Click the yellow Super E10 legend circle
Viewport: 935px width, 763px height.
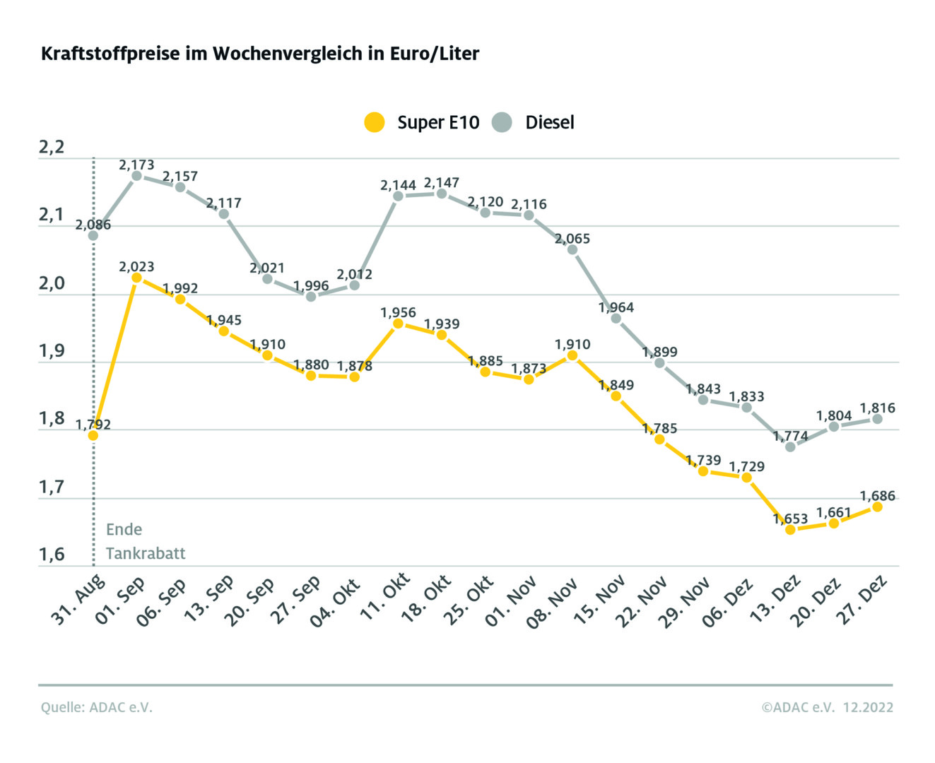point(374,122)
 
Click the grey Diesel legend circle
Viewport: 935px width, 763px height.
point(502,122)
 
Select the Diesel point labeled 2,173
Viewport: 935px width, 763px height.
point(136,176)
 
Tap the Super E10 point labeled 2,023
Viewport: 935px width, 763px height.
point(136,278)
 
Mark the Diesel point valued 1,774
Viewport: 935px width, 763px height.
point(790,446)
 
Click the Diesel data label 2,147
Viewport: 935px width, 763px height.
point(442,182)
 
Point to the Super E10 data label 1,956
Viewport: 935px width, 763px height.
point(398,312)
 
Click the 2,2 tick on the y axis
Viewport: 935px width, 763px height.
point(52,147)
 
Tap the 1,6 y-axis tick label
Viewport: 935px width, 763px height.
point(52,555)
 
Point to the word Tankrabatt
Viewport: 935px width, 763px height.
point(146,553)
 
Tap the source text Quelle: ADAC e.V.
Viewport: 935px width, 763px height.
point(97,707)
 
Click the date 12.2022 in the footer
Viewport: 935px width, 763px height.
point(868,707)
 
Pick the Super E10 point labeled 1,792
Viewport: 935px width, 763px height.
point(93,435)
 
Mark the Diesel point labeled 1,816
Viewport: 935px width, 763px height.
point(877,419)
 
